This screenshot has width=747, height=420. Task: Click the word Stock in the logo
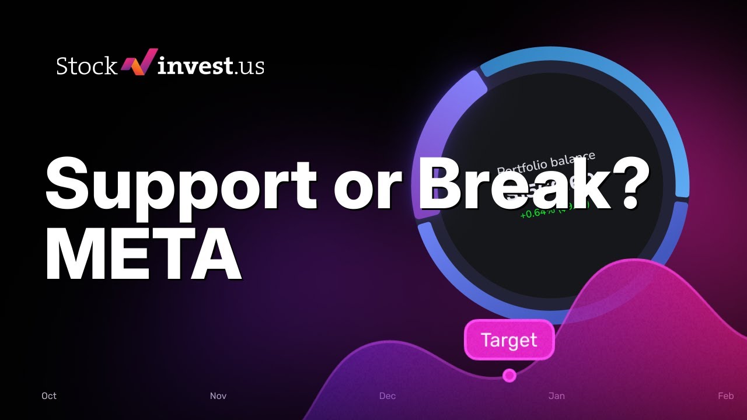[x=86, y=66]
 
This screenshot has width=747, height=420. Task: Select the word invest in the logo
[x=195, y=65]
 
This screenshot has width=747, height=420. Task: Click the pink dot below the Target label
[x=509, y=375]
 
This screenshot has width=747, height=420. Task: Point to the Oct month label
[x=49, y=396]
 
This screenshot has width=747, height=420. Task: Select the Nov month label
[x=218, y=396]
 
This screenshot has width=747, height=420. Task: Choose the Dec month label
[x=388, y=396]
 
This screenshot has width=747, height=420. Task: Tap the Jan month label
[x=557, y=396]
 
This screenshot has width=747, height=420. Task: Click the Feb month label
[x=725, y=396]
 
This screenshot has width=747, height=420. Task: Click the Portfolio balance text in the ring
[x=546, y=163]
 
